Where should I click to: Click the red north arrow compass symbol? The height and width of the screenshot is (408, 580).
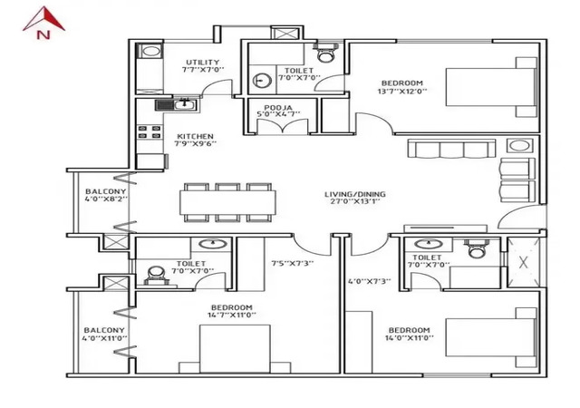(43, 23)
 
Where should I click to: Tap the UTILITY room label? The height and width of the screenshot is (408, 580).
(202, 62)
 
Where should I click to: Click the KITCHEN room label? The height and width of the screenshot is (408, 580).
(195, 136)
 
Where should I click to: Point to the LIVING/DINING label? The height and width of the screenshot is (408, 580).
(355, 194)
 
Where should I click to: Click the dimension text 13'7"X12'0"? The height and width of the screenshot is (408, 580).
(402, 91)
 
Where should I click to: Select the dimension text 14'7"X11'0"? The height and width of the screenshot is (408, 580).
(232, 316)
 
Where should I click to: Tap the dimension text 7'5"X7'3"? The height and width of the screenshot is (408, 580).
(293, 263)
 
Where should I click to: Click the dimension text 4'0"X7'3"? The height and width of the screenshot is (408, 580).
(370, 281)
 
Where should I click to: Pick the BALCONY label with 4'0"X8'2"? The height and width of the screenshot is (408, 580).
(105, 191)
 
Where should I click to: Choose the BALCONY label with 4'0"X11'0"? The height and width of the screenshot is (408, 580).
(104, 330)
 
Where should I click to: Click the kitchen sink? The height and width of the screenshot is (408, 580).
(177, 105)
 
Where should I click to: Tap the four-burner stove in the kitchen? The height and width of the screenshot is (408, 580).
(150, 132)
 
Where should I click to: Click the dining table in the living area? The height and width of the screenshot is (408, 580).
(227, 202)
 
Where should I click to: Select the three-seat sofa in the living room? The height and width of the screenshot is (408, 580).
(451, 148)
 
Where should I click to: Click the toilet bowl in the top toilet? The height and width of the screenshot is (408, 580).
(326, 53)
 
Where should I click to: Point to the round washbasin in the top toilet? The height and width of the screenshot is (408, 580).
(262, 81)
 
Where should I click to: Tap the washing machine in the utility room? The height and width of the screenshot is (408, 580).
(150, 51)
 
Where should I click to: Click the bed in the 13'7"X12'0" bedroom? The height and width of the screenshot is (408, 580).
(491, 87)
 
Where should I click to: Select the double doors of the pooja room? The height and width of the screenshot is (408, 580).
(283, 126)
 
